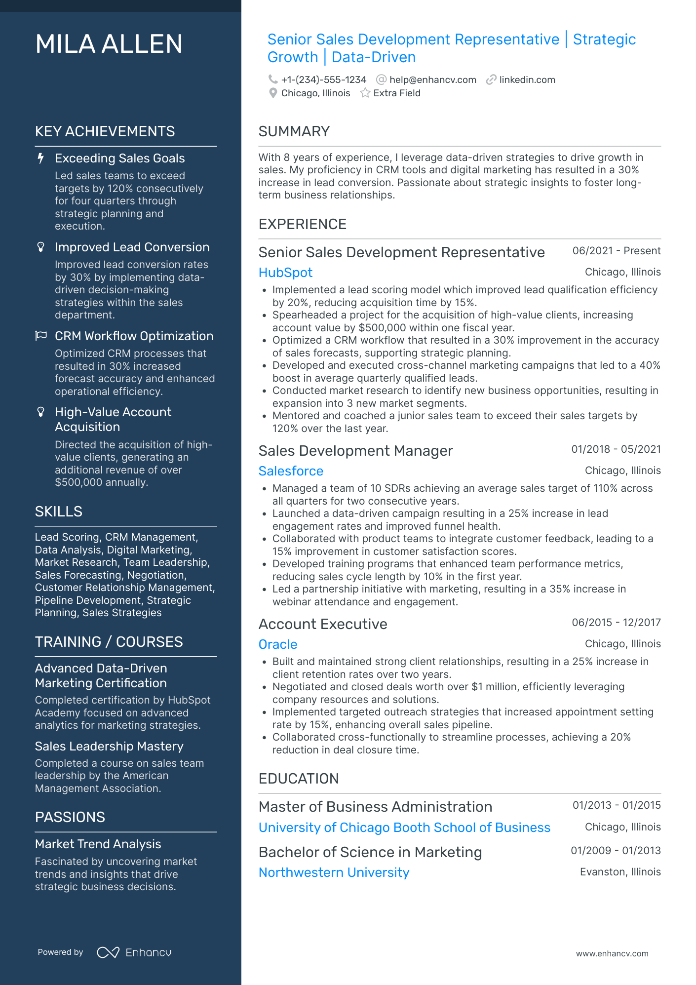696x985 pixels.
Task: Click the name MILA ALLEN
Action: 109,44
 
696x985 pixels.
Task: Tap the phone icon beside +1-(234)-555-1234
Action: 272,79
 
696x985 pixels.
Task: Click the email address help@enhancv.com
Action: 432,80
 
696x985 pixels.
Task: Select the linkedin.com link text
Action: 527,80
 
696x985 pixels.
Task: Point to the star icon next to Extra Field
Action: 365,93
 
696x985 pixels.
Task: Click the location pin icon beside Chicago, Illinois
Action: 272,93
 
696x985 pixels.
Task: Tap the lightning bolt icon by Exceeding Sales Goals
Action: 41,158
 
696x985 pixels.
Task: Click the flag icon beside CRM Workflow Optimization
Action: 41,336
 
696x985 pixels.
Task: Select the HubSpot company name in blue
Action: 285,273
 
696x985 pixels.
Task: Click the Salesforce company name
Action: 291,471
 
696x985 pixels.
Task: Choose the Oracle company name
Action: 278,644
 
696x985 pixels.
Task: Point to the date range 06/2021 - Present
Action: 616,251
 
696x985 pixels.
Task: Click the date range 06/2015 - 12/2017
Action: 616,623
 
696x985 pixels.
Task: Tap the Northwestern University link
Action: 334,872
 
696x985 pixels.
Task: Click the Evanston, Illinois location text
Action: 620,872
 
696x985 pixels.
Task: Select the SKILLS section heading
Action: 58,512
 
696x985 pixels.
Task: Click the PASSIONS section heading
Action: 70,817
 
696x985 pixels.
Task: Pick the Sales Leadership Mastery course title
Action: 109,746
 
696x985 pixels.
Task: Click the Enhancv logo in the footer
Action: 134,952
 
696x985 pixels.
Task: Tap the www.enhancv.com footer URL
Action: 612,953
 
